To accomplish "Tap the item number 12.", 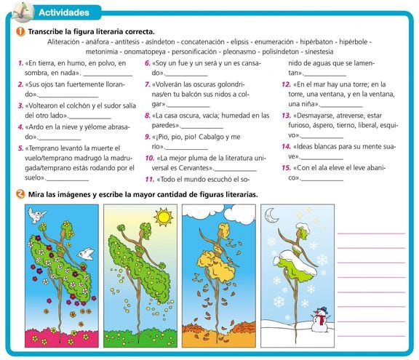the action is click(286, 84).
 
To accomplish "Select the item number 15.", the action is click(286, 168).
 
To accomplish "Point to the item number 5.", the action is click(21, 148).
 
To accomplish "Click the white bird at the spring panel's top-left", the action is click(36, 215).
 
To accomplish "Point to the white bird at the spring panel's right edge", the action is click(86, 253).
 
